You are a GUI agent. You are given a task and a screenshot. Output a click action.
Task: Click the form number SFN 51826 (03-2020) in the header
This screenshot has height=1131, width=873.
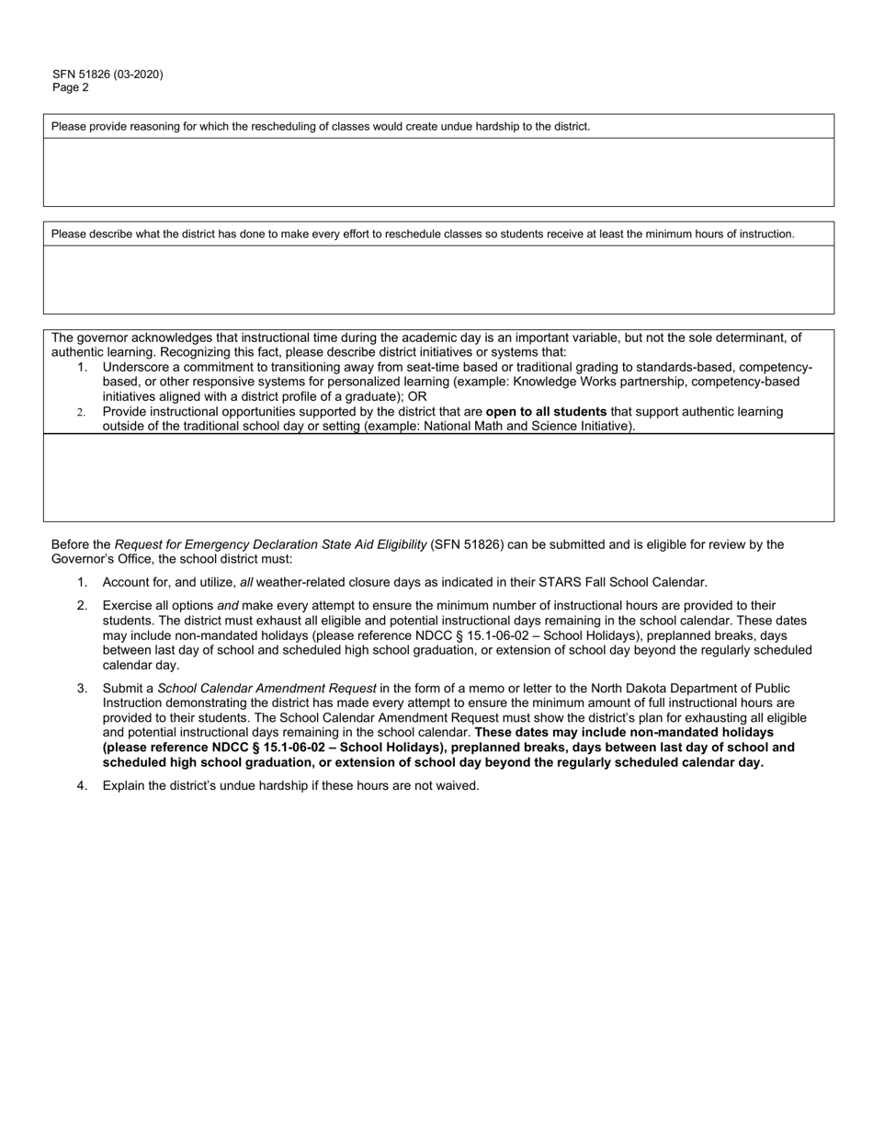[x=108, y=74]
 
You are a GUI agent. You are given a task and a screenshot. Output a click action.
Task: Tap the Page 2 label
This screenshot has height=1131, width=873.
[x=71, y=88]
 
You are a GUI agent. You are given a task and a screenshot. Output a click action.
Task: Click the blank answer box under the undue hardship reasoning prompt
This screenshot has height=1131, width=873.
[x=438, y=172]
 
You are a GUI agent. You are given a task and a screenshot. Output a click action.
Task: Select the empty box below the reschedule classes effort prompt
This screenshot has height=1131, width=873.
[x=438, y=280]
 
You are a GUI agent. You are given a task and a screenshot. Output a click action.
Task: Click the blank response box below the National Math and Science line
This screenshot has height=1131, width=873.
[x=438, y=477]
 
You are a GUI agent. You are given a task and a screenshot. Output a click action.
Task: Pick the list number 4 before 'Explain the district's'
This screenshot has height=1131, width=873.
[x=83, y=785]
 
